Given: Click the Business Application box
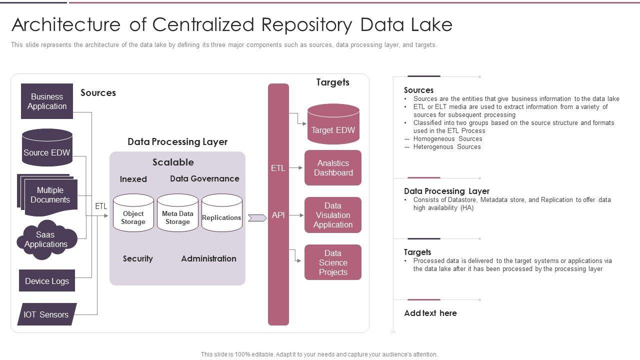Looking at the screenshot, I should tap(47, 101).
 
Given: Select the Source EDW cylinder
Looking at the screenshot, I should tap(47, 150).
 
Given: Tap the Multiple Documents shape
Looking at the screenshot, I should tap(49, 195).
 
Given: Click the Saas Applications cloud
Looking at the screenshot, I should tap(46, 240).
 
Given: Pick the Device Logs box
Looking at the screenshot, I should tap(47, 281).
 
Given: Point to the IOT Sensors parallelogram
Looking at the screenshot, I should tap(46, 314).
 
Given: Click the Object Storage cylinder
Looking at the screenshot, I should tap(133, 215).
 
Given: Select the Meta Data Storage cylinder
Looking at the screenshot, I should tap(177, 215).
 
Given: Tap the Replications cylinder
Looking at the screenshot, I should tap(221, 215).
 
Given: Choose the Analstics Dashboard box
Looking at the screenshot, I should tap(333, 168).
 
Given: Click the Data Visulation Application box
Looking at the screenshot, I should tap(333, 215).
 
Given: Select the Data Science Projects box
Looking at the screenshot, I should tap(333, 262).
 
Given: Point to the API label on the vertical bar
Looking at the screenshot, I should tap(278, 215).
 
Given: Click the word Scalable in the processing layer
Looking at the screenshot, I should tap(173, 162).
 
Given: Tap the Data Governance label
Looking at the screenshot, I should tap(204, 178).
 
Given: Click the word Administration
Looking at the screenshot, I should tap(208, 258).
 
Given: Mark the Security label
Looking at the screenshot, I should tap(138, 258).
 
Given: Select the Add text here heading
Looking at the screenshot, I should tap(430, 313).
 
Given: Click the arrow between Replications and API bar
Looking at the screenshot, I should tap(257, 217).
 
